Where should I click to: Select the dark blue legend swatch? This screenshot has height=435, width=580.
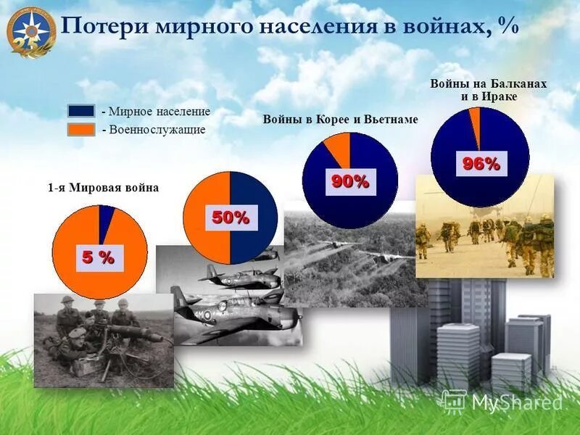(81, 111)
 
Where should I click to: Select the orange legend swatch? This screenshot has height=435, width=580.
(81, 129)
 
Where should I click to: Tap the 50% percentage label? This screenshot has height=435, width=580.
(231, 217)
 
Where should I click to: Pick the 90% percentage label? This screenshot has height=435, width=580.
(350, 181)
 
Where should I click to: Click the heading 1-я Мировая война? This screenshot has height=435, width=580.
(103, 188)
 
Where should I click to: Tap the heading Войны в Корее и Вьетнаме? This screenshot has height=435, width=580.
(340, 120)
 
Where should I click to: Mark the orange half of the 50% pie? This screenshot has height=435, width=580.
(206, 217)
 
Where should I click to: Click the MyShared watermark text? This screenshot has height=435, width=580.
(516, 402)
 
